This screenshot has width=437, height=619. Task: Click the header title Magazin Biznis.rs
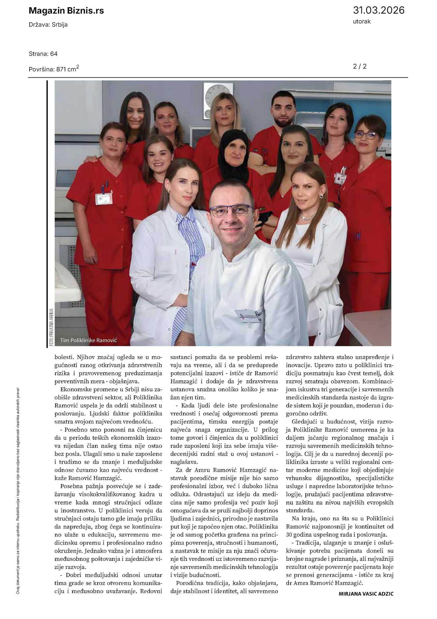click(x=66, y=11)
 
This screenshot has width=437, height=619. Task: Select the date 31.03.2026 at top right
click(x=378, y=10)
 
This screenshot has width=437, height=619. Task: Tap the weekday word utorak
click(x=361, y=21)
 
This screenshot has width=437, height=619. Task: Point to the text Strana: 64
click(x=43, y=54)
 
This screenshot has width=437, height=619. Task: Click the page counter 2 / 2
click(x=360, y=66)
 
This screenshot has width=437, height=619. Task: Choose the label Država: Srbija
click(x=48, y=25)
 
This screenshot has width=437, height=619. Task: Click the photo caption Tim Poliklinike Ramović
click(x=88, y=340)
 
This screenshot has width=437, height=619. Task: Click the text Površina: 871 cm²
click(x=54, y=69)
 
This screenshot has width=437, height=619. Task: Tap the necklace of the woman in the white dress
click(x=307, y=217)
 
